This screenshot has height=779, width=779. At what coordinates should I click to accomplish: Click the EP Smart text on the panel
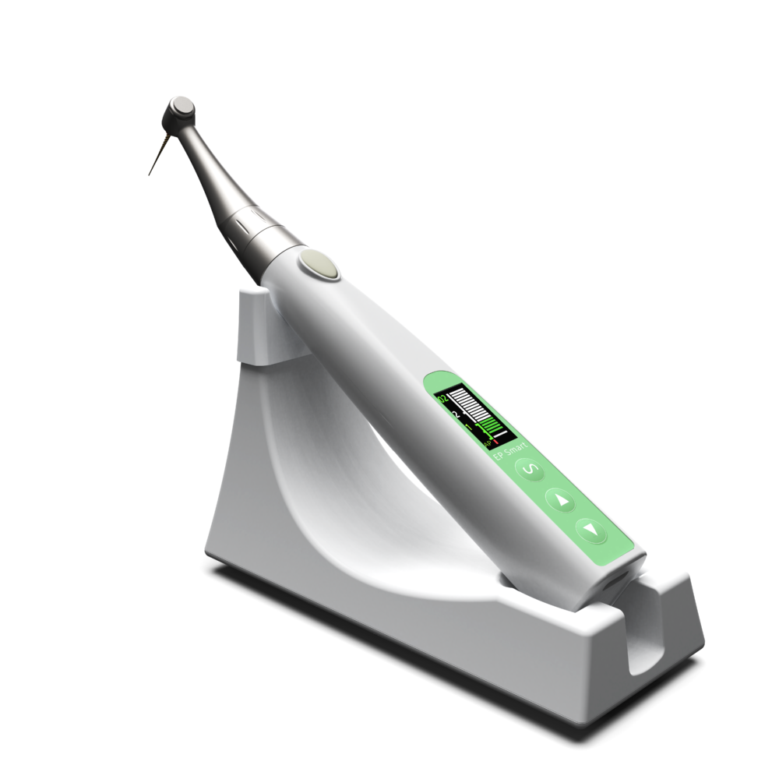pyautogui.click(x=511, y=452)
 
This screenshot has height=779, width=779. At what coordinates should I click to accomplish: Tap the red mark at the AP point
pyautogui.click(x=496, y=441)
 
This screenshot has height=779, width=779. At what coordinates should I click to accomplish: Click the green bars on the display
pyautogui.click(x=491, y=426)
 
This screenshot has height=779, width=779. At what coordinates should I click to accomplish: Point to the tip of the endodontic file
pyautogui.click(x=149, y=174)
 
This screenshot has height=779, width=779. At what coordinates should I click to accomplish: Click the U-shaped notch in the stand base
pyautogui.click(x=643, y=631)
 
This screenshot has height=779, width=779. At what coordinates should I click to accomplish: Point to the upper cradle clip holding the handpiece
pyautogui.click(x=257, y=327)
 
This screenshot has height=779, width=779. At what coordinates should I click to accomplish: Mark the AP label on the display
pyautogui.click(x=488, y=443)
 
